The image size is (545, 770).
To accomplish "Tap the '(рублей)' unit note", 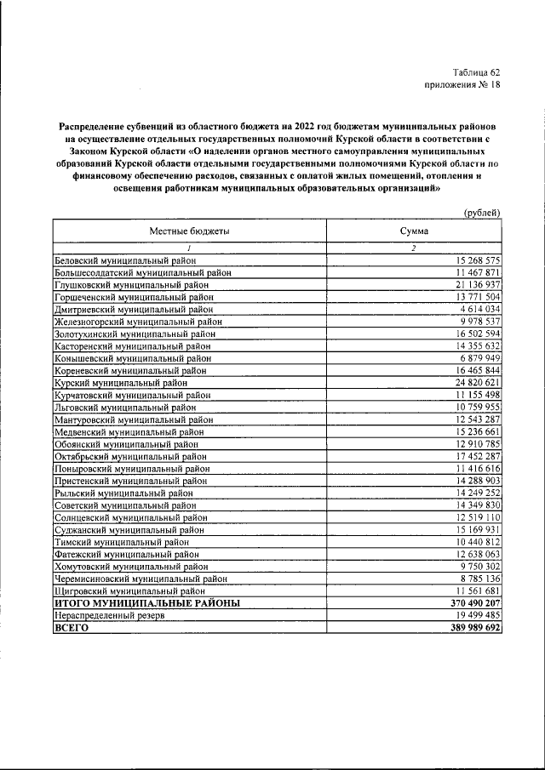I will click(481, 213).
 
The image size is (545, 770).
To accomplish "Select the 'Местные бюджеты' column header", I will click(189, 231).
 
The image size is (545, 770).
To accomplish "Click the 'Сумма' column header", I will click(414, 231).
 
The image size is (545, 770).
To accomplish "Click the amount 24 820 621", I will click(470, 383).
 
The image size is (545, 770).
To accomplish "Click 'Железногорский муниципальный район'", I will click(138, 322).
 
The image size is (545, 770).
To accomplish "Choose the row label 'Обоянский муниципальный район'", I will click(126, 445).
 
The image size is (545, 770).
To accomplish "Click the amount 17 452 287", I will click(470, 457).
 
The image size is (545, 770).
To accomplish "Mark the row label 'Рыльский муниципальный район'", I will click(123, 493).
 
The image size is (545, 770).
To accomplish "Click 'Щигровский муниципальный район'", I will click(129, 590).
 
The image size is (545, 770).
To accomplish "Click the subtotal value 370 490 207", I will click(467, 602).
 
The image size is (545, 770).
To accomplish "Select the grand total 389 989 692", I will click(467, 627).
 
